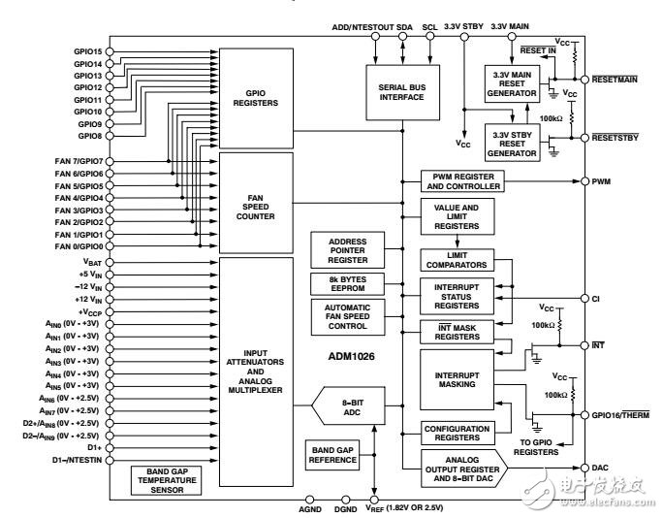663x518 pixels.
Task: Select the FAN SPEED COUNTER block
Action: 256,201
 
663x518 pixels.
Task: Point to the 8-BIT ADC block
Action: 348,406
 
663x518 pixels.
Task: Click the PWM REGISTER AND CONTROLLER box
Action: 460,180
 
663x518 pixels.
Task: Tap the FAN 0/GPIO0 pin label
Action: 74,246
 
